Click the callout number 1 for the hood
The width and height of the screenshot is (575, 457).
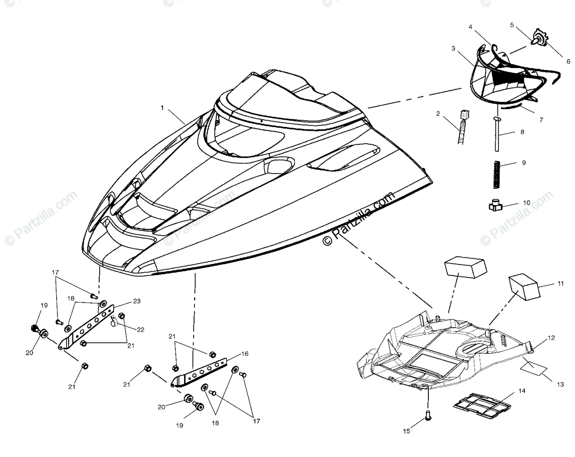[x=162, y=108]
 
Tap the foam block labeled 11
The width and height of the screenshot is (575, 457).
[x=523, y=286]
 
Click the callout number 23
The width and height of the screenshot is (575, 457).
[x=137, y=302]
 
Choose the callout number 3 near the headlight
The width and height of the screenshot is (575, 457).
[x=453, y=49]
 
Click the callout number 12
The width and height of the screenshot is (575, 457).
[x=552, y=338]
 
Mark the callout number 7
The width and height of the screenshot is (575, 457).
[x=541, y=120]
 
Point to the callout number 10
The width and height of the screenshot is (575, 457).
[x=527, y=203]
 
